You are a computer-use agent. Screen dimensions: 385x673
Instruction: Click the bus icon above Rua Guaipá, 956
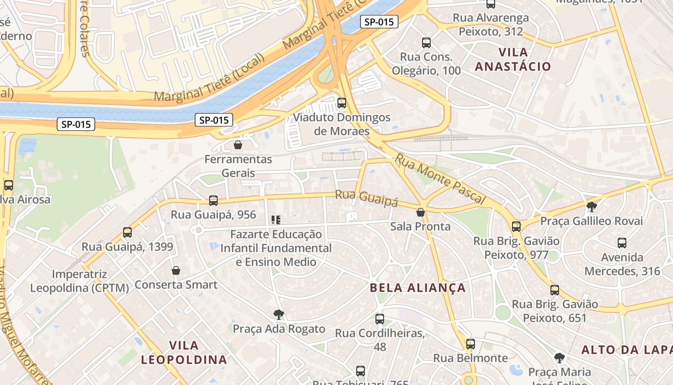[213, 200]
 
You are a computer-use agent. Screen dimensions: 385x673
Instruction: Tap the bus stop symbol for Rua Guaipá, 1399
[127, 232]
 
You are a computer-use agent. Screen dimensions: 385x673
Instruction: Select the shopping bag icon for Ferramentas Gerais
[237, 145]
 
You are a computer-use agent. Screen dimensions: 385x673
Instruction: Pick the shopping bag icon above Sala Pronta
[421, 212]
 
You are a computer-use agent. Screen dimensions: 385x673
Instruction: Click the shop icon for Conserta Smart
[176, 270]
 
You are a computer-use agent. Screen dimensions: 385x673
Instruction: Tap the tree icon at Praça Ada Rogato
[278, 315]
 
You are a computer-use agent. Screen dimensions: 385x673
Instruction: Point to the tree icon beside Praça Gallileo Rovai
[592, 207]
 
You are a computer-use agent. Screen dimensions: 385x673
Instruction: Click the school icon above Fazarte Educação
[276, 220]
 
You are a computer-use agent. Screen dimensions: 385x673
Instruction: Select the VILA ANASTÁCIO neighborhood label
[513, 59]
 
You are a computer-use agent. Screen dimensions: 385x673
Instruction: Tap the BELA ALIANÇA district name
[418, 288]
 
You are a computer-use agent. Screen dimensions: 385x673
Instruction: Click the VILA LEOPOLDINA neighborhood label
[184, 352]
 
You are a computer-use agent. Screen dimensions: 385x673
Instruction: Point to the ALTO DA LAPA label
[626, 350]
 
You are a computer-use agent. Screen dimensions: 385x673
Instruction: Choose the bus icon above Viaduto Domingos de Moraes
[342, 103]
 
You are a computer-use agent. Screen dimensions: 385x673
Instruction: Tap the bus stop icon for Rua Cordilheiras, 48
[380, 319]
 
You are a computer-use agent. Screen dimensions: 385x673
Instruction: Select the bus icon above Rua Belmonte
[471, 344]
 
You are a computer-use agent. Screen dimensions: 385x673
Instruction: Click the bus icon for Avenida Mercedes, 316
[622, 243]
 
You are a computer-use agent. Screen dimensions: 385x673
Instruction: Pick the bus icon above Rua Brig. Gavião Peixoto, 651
[555, 290]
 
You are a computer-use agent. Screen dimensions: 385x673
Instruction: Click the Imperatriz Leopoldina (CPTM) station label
[79, 281]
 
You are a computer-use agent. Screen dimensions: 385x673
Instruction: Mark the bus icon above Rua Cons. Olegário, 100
[426, 42]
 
